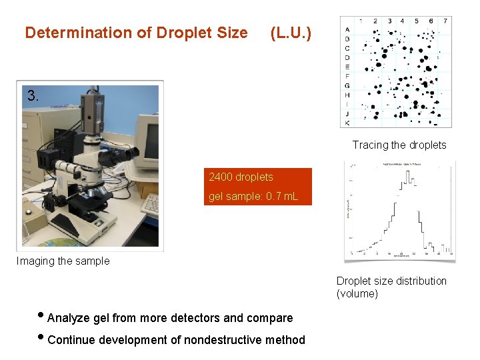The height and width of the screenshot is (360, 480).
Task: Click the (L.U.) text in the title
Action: [290, 33]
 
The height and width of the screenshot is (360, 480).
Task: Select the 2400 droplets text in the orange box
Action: [241, 177]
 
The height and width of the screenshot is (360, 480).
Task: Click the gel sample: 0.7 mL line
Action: [253, 196]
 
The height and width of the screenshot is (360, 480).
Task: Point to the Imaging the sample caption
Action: [63, 261]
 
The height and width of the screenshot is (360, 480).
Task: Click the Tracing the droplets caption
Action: [399, 145]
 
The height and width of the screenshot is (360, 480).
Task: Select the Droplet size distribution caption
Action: [391, 281]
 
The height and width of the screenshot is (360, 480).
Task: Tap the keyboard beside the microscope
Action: [151, 203]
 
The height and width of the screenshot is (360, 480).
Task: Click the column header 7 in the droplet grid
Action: [445, 21]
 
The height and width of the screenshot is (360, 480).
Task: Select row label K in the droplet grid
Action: [347, 123]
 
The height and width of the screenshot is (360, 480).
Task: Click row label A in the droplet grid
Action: [347, 29]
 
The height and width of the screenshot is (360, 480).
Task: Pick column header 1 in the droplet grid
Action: [361, 21]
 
